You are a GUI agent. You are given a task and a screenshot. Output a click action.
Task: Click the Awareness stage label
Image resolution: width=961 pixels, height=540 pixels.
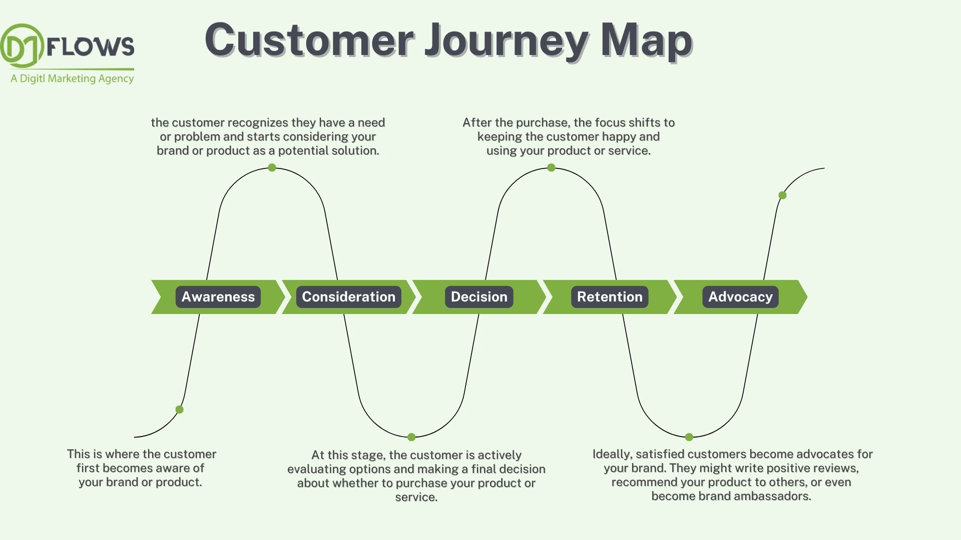[x=218, y=297]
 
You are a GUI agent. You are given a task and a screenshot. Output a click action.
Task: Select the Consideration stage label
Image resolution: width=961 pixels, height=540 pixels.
[x=348, y=297]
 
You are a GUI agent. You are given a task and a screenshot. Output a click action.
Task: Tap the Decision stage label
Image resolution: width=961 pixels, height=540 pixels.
[x=479, y=297]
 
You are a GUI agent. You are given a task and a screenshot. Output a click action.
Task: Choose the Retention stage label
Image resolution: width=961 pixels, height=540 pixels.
[x=610, y=297]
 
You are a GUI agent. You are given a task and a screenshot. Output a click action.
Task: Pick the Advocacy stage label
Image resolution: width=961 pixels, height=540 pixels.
[x=740, y=297]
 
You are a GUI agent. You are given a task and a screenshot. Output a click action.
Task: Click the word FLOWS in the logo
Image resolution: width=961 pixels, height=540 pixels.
[x=91, y=46]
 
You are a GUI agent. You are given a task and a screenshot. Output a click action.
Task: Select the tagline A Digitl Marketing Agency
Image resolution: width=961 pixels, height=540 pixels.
[x=72, y=78]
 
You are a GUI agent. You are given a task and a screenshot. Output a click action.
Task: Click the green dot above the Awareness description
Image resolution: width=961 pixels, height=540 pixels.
[x=180, y=409]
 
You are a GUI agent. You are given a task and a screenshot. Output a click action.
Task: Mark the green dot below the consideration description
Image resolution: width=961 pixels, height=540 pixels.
[x=272, y=167]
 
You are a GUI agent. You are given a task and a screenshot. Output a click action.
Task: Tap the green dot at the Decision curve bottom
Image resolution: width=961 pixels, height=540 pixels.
[x=411, y=437]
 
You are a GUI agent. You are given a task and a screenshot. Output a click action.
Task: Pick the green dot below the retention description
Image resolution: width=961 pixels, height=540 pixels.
[x=551, y=167]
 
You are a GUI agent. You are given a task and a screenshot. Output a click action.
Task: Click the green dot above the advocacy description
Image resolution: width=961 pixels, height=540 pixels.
[x=689, y=437]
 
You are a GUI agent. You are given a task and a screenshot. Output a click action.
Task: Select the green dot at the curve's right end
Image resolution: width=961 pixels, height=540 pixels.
[x=782, y=195]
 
